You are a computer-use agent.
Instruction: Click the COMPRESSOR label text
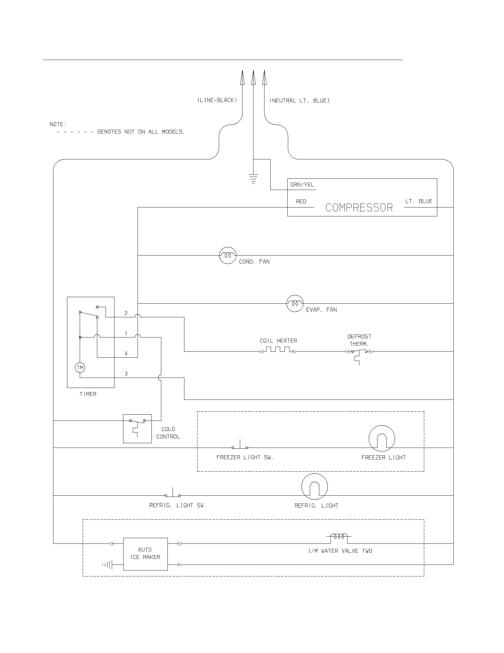tap(359, 207)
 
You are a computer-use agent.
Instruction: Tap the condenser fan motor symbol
tap(228, 255)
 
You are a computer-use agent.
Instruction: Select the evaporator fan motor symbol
tap(295, 303)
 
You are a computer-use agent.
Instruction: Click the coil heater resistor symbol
tap(278, 350)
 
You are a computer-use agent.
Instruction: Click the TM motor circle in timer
tap(80, 367)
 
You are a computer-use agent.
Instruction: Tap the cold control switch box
tap(137, 428)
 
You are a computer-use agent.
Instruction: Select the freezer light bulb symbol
tap(382, 438)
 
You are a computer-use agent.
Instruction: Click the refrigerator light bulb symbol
tap(314, 486)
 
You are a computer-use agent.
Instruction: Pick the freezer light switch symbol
tap(240, 446)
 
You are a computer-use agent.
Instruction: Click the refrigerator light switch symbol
tap(173, 494)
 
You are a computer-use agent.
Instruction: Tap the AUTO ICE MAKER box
tap(145, 554)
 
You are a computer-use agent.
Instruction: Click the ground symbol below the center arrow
tap(253, 179)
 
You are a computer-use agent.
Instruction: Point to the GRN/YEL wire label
tap(302, 185)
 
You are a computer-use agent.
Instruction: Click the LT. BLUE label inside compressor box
tap(419, 201)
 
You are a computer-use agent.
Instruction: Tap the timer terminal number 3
tap(126, 374)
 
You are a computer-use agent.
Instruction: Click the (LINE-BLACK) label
tap(217, 100)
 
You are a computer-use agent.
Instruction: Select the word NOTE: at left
tap(58, 124)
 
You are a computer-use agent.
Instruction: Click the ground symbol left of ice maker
tap(108, 565)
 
